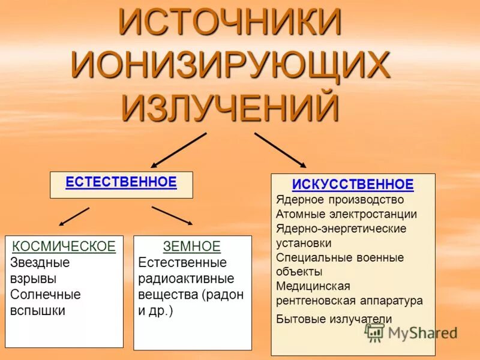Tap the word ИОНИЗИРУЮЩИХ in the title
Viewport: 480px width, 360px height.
(231, 67)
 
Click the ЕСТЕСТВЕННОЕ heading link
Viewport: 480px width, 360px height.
(121, 182)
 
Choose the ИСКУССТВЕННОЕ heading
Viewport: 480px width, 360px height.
(353, 184)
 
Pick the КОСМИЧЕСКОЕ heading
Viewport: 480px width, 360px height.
(64, 246)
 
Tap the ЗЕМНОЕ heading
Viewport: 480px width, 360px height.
(192, 246)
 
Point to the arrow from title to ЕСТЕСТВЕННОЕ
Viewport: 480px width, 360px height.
(178, 150)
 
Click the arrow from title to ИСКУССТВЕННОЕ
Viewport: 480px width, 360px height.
(280, 150)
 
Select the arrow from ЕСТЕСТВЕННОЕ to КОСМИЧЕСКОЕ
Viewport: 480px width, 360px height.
(74, 217)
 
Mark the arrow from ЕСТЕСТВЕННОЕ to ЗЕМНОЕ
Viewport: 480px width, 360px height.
(172, 215)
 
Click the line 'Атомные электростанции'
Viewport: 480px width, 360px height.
(346, 214)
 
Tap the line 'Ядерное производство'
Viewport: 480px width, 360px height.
(340, 200)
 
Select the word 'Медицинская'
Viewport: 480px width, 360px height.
(313, 286)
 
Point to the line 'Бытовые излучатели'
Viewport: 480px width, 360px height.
(334, 319)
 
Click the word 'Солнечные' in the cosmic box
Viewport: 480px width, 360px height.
(45, 295)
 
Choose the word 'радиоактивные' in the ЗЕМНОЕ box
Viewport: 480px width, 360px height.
(186, 278)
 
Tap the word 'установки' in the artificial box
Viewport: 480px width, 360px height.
(304, 243)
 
